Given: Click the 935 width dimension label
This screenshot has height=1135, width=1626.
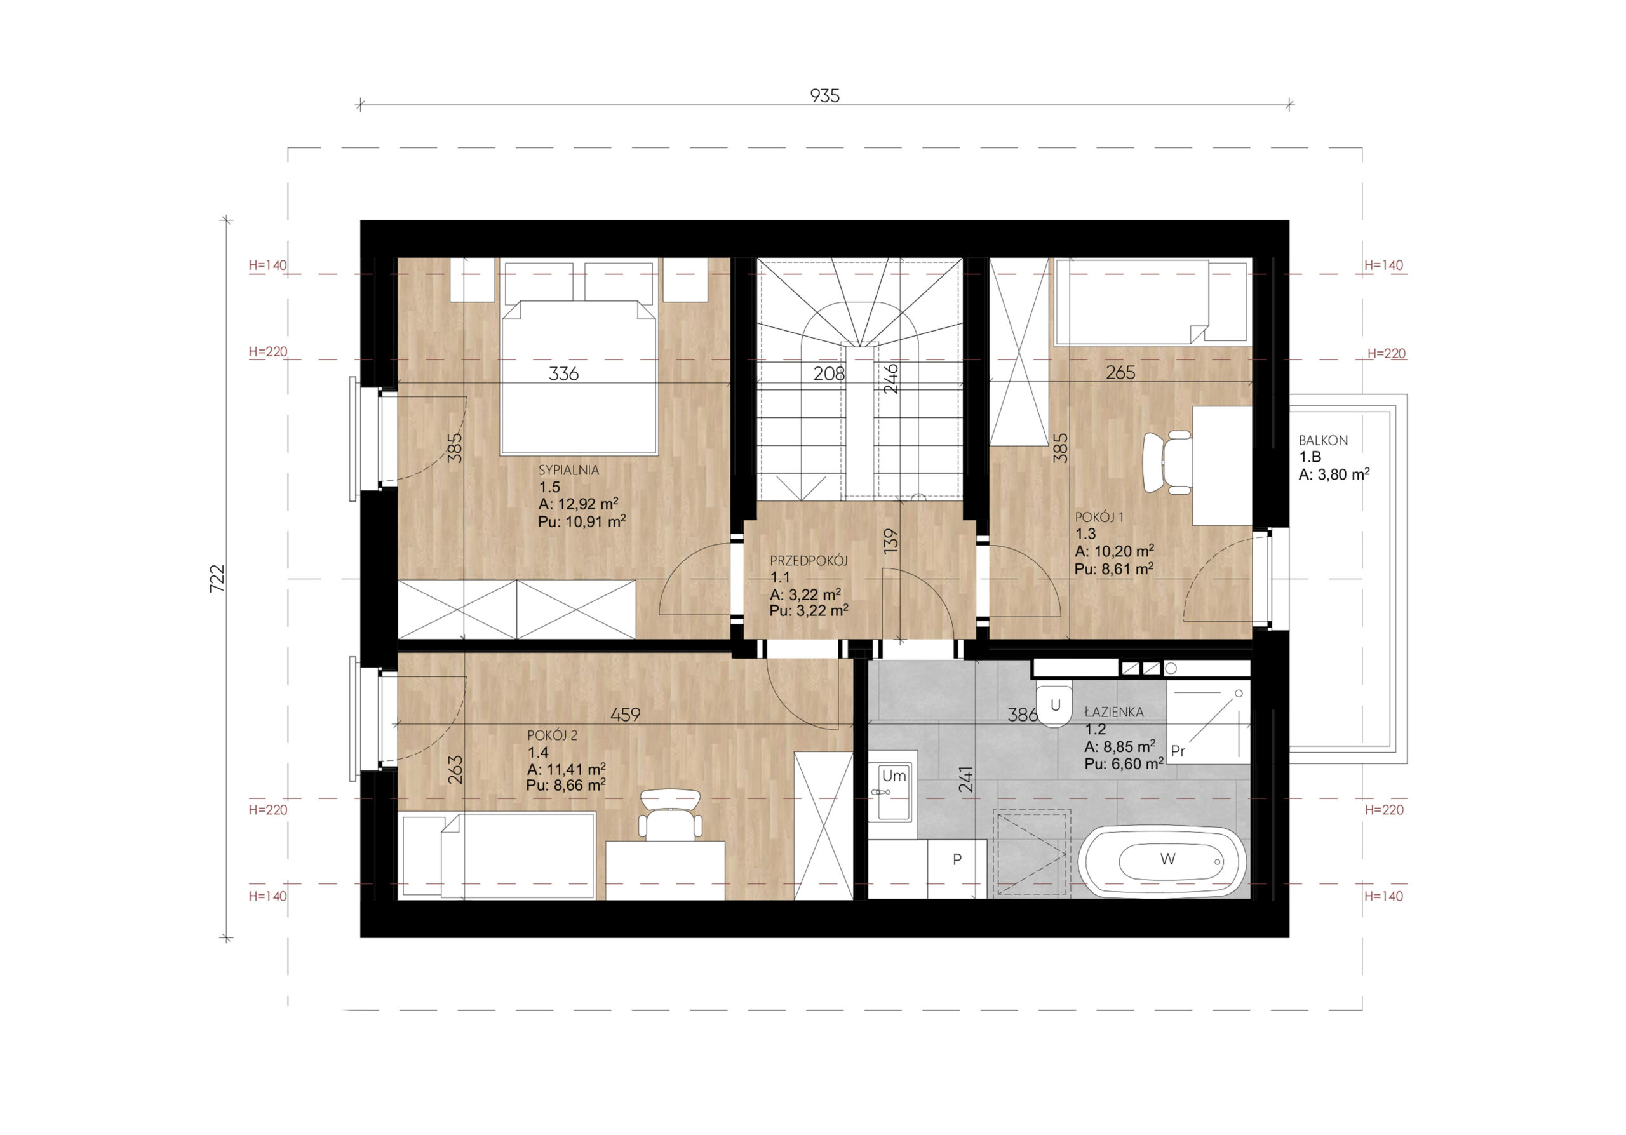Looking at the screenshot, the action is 824,95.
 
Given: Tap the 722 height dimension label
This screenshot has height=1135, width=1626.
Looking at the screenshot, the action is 217,579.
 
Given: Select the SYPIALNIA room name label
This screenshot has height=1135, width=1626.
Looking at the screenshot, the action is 568,469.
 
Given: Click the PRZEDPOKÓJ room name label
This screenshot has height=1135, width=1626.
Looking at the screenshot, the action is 809,561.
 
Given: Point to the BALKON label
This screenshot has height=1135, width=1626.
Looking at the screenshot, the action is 1323,440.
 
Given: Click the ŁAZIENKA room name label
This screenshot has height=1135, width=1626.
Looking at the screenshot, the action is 1114,711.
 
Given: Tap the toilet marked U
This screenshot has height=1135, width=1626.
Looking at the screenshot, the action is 1054,704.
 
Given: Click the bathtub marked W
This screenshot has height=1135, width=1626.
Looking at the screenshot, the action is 1162,861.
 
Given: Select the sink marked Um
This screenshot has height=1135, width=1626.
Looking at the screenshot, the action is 893,792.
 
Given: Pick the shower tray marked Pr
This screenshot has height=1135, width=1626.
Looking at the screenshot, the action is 1208,723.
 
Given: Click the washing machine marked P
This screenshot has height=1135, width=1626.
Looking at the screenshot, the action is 957,869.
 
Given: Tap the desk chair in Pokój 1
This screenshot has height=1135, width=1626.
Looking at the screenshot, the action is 1168,463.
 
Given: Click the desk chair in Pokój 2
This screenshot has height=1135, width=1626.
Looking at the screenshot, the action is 670,815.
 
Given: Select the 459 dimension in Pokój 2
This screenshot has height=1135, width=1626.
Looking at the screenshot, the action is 626,715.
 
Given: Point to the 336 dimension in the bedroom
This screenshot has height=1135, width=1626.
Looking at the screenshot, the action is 564,373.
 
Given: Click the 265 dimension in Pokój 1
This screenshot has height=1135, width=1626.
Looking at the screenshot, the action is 1120,372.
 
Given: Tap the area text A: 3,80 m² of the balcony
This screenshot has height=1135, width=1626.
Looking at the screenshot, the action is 1334,474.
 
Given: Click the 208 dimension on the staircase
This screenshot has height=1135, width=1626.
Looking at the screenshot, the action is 829,373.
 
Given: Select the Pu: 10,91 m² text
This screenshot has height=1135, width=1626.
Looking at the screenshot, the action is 582,522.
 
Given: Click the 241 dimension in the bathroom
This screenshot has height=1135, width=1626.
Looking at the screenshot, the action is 966,779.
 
